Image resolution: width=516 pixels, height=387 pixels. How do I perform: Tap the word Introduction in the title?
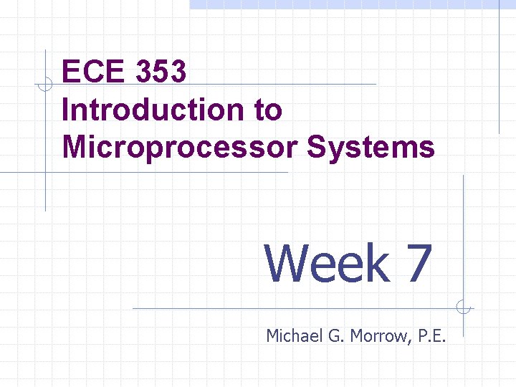tap(151, 110)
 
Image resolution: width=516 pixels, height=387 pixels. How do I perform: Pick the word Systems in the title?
tap(371, 147)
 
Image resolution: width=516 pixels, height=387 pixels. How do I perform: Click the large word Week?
tap(328, 263)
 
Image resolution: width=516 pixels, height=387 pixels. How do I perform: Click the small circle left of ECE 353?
tap(45, 85)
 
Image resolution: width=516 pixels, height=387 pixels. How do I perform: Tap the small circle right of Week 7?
tap(464, 308)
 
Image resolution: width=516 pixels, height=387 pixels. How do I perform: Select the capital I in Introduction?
tap(67, 110)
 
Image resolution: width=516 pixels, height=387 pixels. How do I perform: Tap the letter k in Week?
tap(376, 263)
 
